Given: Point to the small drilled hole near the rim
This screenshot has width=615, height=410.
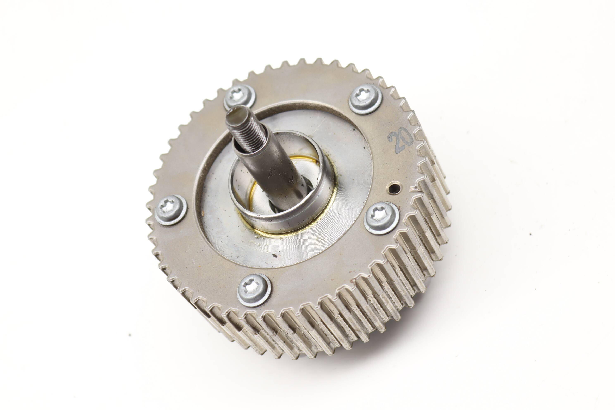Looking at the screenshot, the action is click(394, 188).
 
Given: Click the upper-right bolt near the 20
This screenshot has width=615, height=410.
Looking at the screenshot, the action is click(365, 99).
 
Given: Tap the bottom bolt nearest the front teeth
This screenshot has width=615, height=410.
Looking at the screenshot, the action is click(254, 290).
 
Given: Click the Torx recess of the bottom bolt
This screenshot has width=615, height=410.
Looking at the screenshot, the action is click(252, 287).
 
